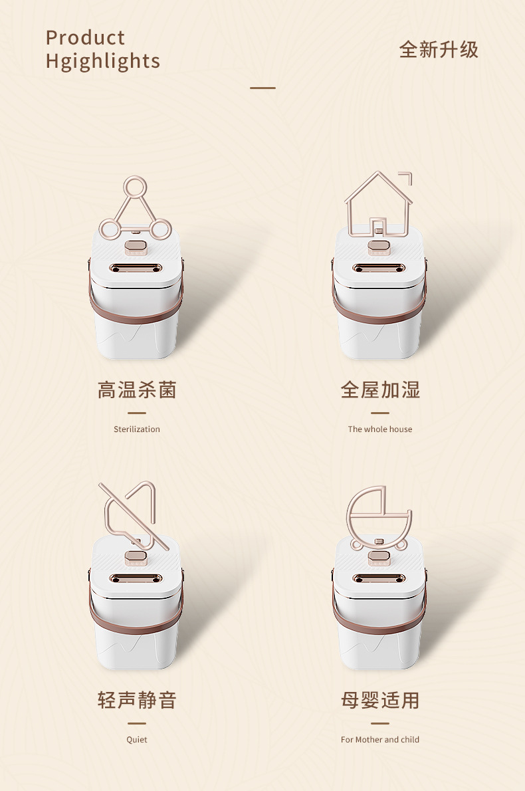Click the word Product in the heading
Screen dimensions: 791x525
[85, 38]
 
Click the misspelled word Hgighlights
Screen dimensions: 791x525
[103, 61]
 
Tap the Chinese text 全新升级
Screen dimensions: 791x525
[439, 50]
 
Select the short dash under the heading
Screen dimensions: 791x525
[262, 88]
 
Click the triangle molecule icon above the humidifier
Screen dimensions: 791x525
[135, 208]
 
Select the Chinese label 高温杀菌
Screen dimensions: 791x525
[137, 390]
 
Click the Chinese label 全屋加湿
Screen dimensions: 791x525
[380, 390]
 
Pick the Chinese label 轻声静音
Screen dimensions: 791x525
[137, 700]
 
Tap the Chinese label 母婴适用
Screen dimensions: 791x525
[380, 700]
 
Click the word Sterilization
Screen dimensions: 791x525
[137, 429]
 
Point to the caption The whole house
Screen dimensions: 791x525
[380, 429]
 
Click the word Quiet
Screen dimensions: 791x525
[137, 740]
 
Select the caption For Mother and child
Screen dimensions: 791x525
[380, 740]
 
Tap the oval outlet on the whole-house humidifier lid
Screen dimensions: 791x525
[379, 268]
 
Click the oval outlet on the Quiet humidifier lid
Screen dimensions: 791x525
[136, 578]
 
